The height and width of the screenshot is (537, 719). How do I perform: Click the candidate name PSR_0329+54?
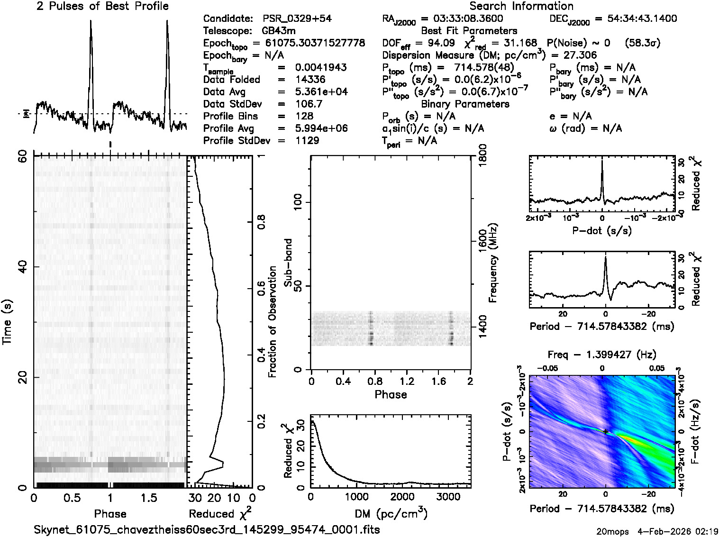(x=297, y=19)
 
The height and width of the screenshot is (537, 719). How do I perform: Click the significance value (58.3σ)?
(x=643, y=43)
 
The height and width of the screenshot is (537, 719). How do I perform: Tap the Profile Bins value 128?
(x=304, y=116)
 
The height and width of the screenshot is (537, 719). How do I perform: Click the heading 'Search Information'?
(x=521, y=7)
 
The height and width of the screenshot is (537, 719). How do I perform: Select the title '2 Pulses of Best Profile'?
(x=102, y=7)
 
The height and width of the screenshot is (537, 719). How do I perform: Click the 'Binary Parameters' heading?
(x=465, y=104)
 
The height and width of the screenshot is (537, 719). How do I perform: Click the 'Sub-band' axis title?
(x=288, y=262)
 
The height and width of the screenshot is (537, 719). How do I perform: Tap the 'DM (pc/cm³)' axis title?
(x=391, y=513)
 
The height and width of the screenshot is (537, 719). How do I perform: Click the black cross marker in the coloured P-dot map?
(x=606, y=431)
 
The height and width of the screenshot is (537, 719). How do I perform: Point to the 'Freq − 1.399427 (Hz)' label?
(x=602, y=355)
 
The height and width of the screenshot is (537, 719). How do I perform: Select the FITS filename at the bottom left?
(x=207, y=529)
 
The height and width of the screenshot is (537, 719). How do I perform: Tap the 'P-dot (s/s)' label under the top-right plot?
(x=602, y=231)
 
